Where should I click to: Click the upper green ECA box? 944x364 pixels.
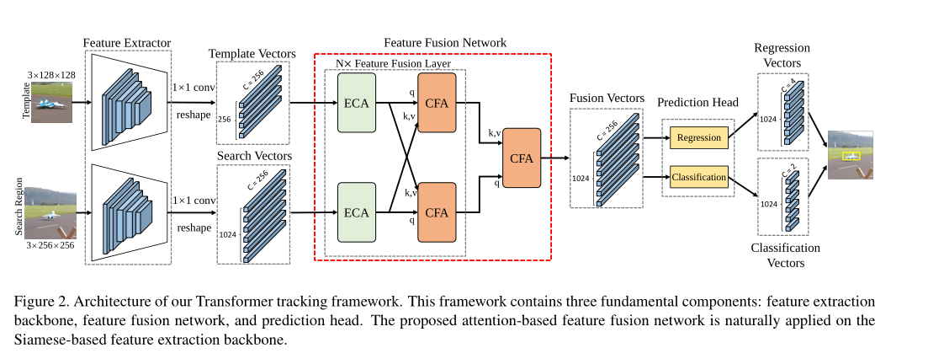point(357,102)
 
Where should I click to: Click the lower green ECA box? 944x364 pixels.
point(357,211)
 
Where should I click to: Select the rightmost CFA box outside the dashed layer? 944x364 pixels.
point(521,157)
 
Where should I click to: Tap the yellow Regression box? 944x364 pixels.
point(698,137)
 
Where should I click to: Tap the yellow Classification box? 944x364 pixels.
point(698,177)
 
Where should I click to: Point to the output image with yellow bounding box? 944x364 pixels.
point(850,155)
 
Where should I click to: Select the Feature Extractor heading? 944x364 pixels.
point(127,42)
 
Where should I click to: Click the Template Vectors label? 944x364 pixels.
point(252,52)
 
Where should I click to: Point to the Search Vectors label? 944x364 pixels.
point(254,157)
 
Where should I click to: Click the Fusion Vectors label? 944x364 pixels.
point(607,98)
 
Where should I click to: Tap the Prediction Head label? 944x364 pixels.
point(697,103)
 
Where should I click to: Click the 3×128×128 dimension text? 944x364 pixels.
point(51,75)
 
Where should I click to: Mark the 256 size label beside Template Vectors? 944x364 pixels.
point(224,120)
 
